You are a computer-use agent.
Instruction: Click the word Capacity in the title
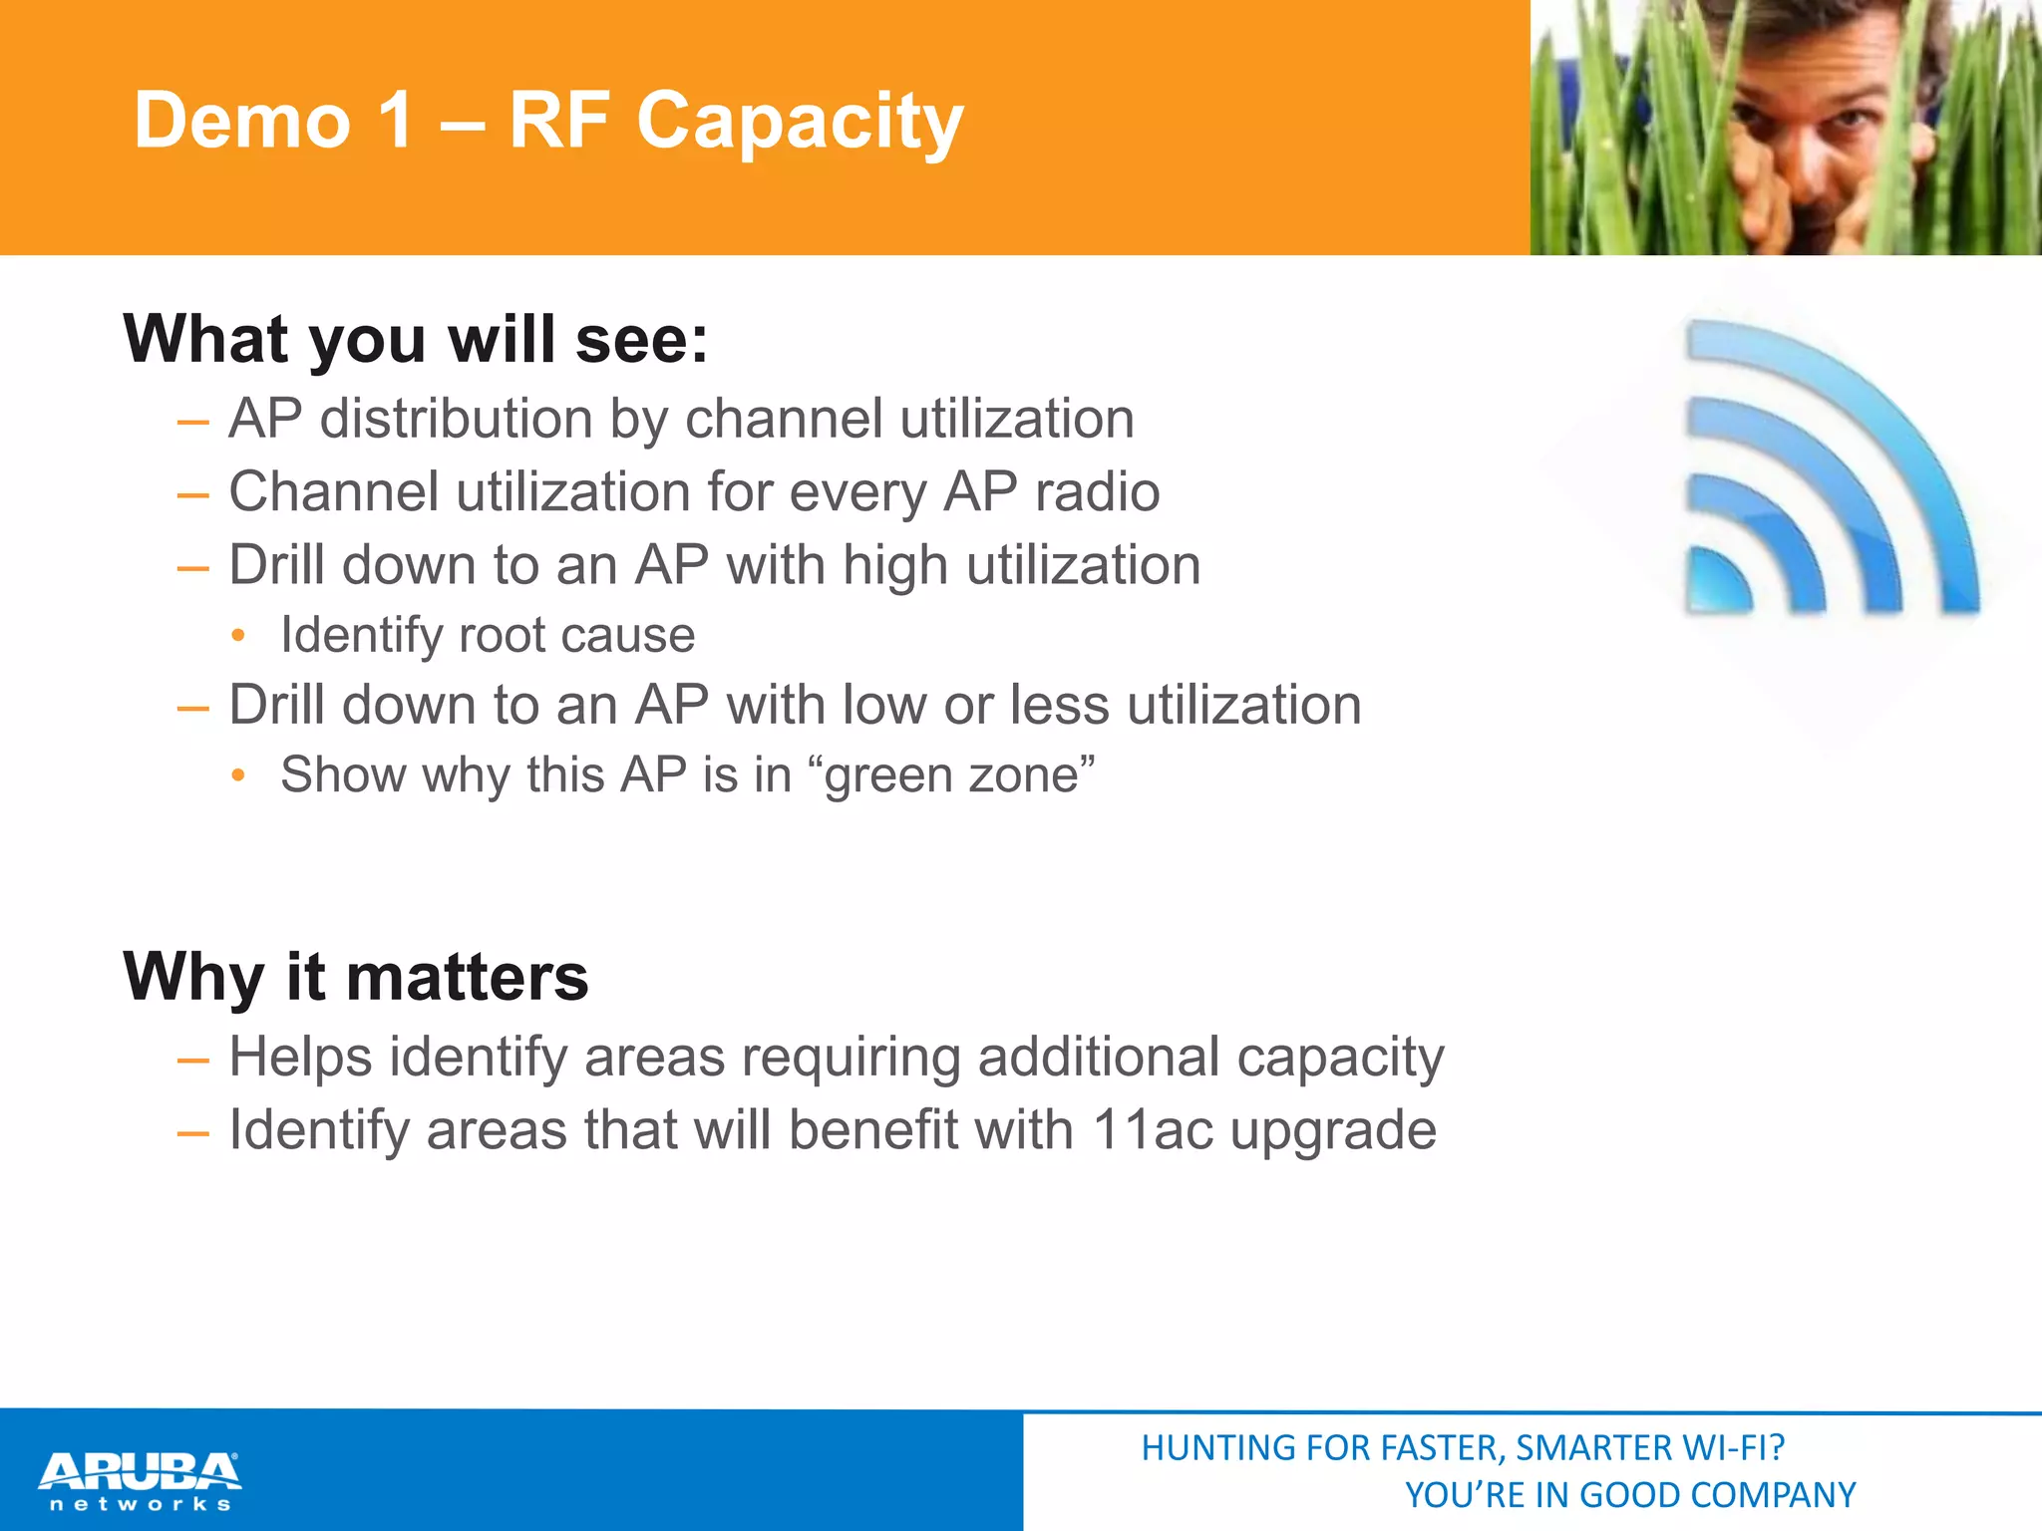pyautogui.click(x=800, y=122)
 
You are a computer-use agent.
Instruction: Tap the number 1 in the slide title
pyautogui.click(x=396, y=120)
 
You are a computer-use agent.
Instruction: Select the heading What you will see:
pyautogui.click(x=416, y=339)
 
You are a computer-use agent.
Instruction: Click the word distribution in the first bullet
pyautogui.click(x=456, y=419)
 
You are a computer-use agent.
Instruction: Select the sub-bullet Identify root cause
pyautogui.click(x=488, y=636)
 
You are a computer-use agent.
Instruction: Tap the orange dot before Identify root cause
pyautogui.click(x=237, y=636)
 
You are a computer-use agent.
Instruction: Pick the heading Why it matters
pyautogui.click(x=356, y=977)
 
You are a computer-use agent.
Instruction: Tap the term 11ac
pyautogui.click(x=1153, y=1130)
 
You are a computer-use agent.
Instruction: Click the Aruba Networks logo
pyautogui.click(x=140, y=1480)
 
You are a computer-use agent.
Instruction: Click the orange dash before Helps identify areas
pyautogui.click(x=192, y=1060)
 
